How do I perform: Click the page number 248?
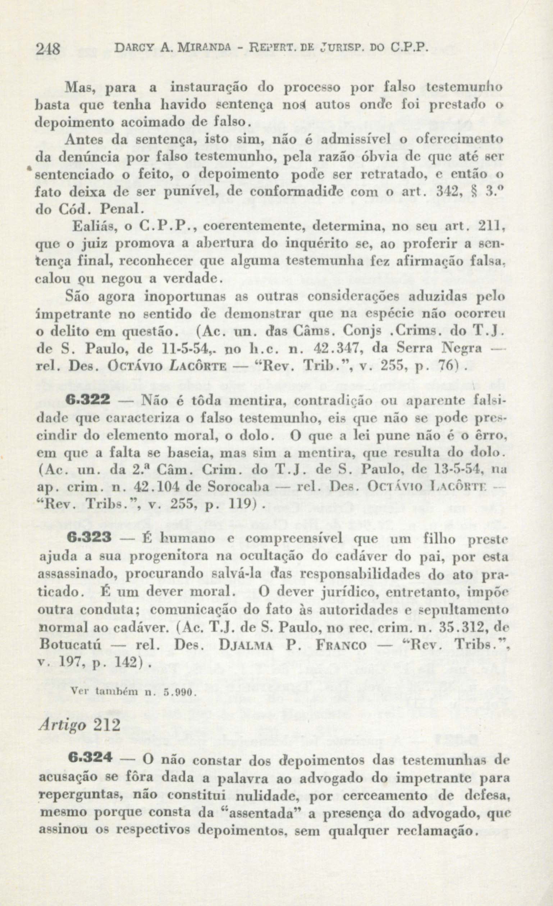pos(48,49)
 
